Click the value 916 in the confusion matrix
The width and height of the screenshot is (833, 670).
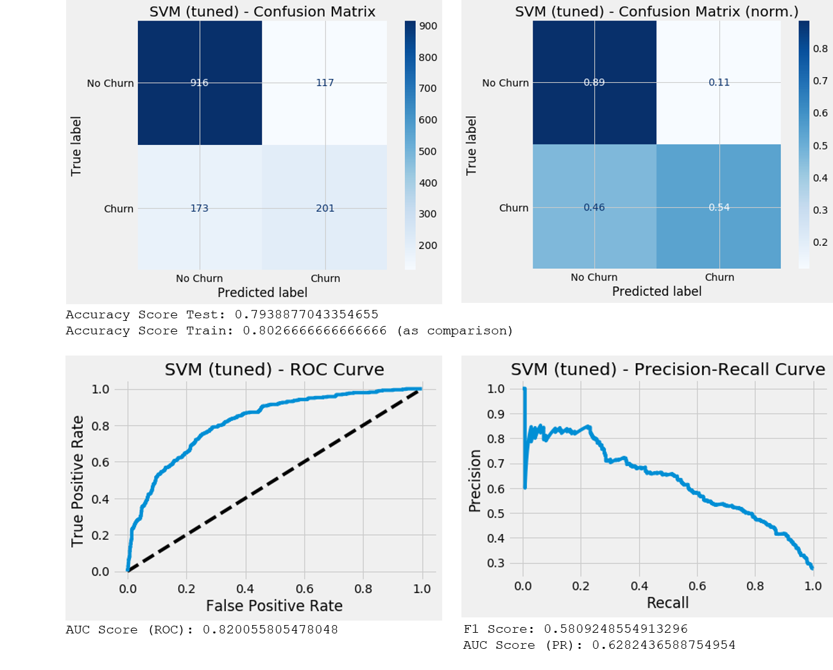pyautogui.click(x=199, y=83)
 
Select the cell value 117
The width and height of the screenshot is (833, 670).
pyautogui.click(x=325, y=83)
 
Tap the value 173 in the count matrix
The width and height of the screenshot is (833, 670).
pyautogui.click(x=199, y=208)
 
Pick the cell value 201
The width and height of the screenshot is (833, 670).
pyautogui.click(x=325, y=208)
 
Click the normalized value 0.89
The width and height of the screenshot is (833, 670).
pyautogui.click(x=594, y=82)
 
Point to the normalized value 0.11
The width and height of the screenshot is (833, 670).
pyautogui.click(x=719, y=82)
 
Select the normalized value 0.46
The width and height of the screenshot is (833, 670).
pyautogui.click(x=594, y=207)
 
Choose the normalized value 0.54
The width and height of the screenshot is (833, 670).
pyautogui.click(x=719, y=207)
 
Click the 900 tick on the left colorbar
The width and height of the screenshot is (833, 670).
pyautogui.click(x=428, y=26)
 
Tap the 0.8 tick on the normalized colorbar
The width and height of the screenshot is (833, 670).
pyautogui.click(x=820, y=49)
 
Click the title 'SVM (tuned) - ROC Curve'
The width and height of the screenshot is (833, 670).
pyautogui.click(x=274, y=370)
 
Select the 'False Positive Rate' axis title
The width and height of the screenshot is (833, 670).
pyautogui.click(x=274, y=606)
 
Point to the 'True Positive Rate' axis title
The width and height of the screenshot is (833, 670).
pyautogui.click(x=78, y=481)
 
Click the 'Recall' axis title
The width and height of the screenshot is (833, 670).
pyautogui.click(x=667, y=603)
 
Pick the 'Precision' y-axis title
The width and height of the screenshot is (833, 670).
pyautogui.click(x=475, y=481)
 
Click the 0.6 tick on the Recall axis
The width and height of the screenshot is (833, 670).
pyautogui.click(x=697, y=586)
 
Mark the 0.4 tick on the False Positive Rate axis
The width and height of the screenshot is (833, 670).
pyautogui.click(x=245, y=589)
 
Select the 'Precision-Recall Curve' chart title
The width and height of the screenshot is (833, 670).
pyautogui.click(x=667, y=370)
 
